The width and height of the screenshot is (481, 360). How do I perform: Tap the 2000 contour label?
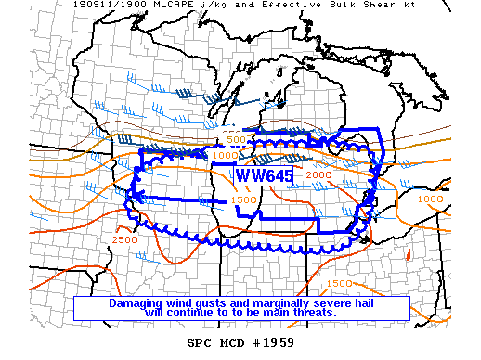click(318, 175)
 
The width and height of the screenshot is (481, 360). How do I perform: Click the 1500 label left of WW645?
click(244, 199)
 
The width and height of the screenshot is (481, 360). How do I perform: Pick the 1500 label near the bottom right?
click(339, 283)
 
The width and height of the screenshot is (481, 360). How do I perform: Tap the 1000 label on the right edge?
click(430, 199)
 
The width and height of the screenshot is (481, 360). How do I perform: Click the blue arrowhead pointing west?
click(137, 196)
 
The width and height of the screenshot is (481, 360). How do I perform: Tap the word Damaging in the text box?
click(139, 303)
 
